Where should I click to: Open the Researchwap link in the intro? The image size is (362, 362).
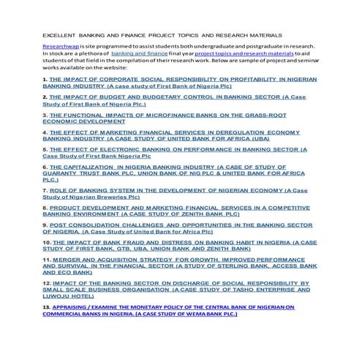coord(60,46)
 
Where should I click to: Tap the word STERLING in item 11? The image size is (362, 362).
coord(226,265)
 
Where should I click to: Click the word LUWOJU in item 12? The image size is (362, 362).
coord(59,295)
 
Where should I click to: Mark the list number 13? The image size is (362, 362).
coord(46,308)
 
